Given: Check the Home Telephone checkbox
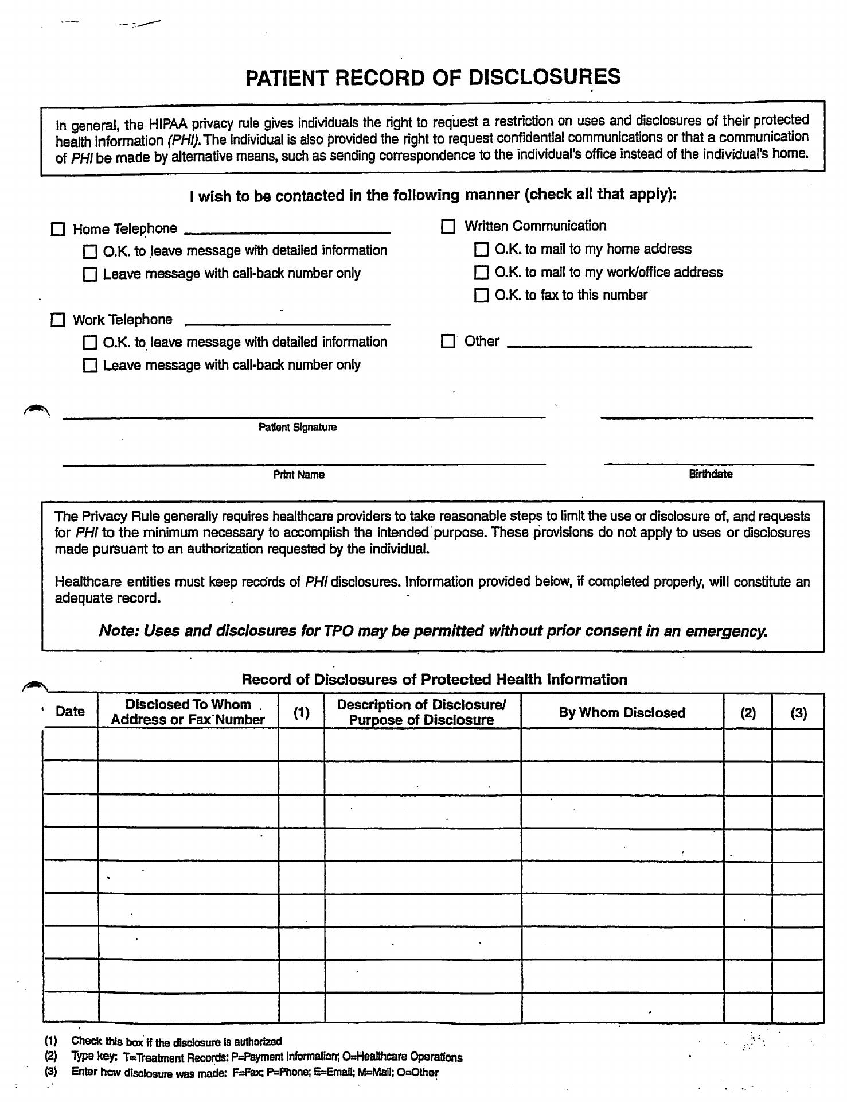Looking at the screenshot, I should point(58,230).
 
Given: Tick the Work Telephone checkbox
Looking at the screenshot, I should point(58,320).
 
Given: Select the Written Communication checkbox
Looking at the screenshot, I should point(448,226).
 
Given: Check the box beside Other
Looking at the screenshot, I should point(448,342).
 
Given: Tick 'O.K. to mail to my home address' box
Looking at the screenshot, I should point(481,249).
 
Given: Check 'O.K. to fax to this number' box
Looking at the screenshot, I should point(481,296).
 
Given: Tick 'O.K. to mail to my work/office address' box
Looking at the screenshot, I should point(481,272).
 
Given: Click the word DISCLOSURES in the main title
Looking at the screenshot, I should point(544,77).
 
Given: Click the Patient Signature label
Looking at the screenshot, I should point(297,428).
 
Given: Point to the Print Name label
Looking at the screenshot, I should point(298,475).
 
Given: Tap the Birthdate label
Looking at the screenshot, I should point(711,474).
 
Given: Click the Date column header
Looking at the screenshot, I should point(70,712).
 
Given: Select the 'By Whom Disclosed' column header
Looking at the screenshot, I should point(622,713).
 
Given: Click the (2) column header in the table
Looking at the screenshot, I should point(748,713).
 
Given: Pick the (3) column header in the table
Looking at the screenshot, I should point(798,713).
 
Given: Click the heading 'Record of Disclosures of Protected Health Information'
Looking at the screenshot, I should point(434,680).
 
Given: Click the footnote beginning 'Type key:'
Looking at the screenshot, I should point(267,1057).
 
